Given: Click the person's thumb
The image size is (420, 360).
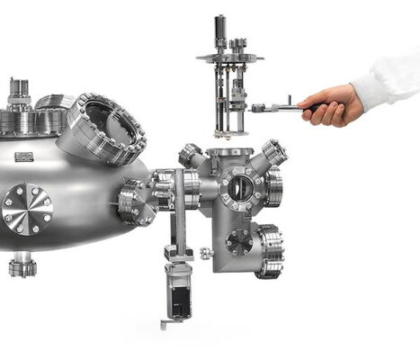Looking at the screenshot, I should pyautogui.click(x=321, y=99).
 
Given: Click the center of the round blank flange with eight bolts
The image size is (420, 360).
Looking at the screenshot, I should pyautogui.click(x=26, y=209).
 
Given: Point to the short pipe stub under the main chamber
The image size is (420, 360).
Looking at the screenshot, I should pyautogui.click(x=22, y=265).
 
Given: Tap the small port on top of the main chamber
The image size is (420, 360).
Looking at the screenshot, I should pyautogui.click(x=18, y=93).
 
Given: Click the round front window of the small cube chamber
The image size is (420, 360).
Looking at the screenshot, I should pyautogui.click(x=240, y=188).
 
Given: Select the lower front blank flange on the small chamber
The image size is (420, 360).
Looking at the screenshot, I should pyautogui.click(x=239, y=241).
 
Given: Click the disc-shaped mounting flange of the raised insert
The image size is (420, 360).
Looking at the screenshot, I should pyautogui.click(x=229, y=59).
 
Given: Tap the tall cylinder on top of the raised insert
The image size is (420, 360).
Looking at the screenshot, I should pyautogui.click(x=219, y=31).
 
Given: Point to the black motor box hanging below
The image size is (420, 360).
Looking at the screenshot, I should pyautogui.click(x=177, y=299).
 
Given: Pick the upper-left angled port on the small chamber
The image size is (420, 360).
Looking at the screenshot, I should pyautogui.click(x=192, y=154).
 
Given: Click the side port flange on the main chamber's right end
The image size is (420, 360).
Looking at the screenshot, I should pyautogui.click(x=134, y=202).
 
